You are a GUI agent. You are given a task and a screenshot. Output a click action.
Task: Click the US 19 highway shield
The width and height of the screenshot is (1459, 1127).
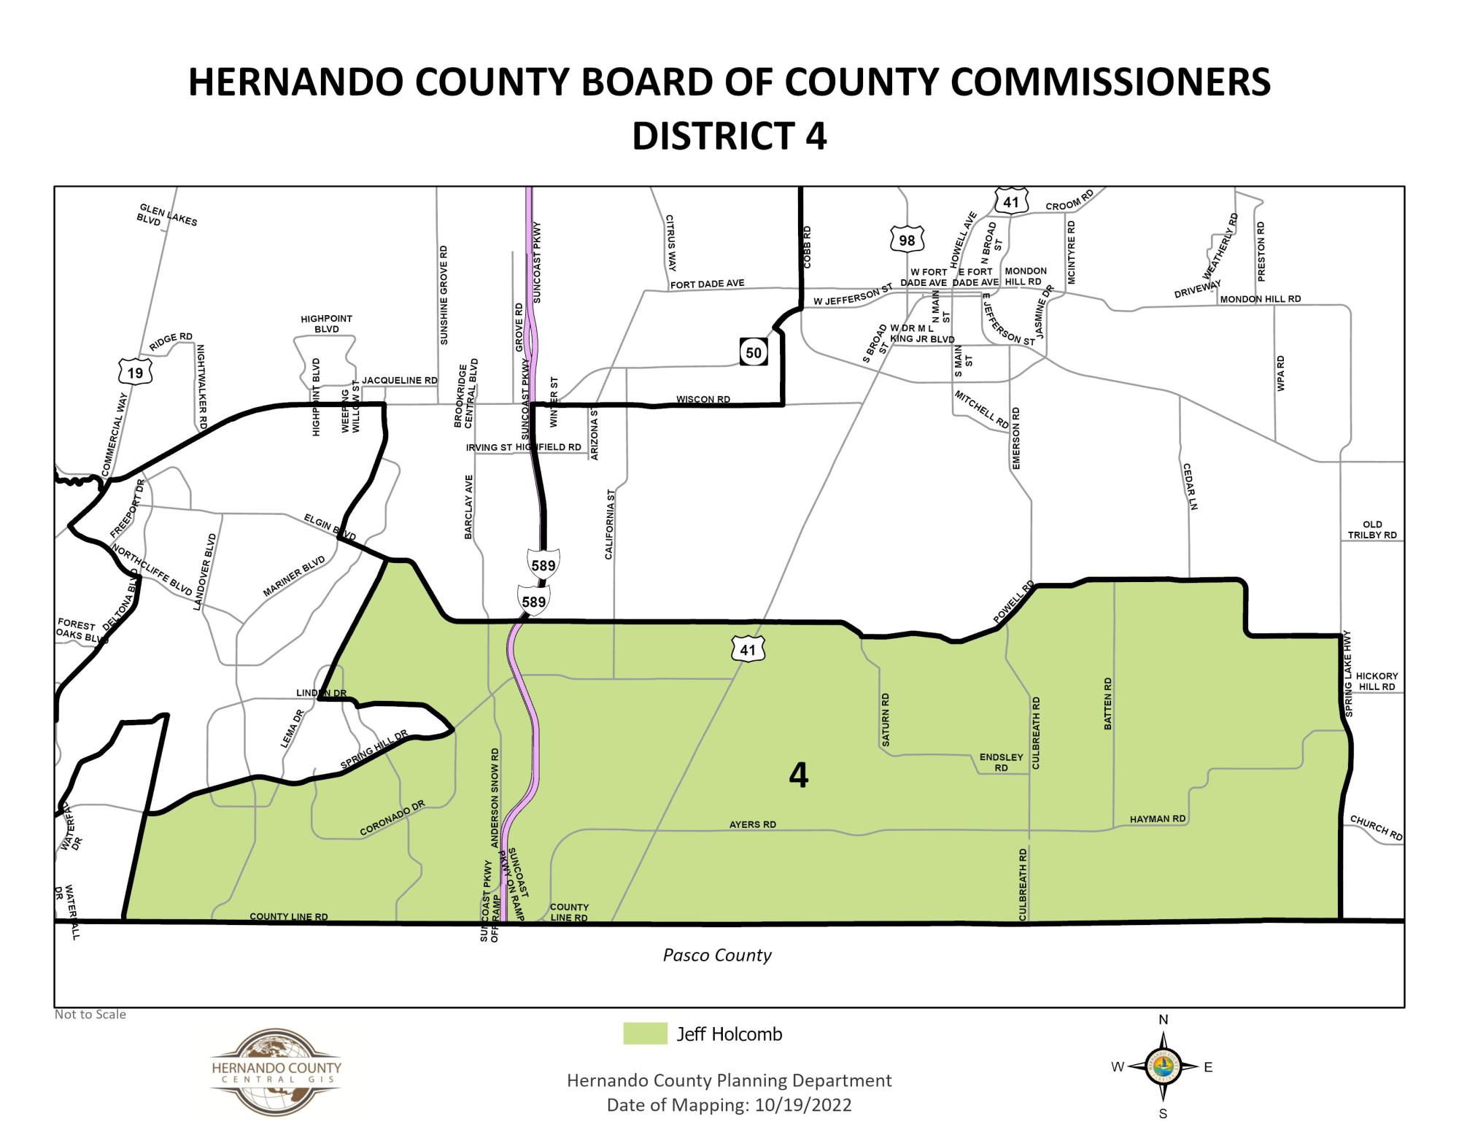pyautogui.click(x=135, y=373)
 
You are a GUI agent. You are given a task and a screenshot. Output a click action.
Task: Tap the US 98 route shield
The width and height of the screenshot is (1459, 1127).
pyautogui.click(x=907, y=240)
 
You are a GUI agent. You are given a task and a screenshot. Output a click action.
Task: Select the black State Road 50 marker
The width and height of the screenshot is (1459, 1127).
pyautogui.click(x=753, y=353)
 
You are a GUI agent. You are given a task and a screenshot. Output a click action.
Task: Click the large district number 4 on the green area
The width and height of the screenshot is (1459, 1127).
pyautogui.click(x=799, y=776)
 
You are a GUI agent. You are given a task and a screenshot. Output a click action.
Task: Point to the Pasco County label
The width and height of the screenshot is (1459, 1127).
pyautogui.click(x=717, y=955)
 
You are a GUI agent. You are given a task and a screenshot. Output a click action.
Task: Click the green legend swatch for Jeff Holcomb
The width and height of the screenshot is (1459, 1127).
pyautogui.click(x=645, y=1034)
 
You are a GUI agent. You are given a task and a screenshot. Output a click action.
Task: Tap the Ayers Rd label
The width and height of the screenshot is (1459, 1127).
pyautogui.click(x=753, y=824)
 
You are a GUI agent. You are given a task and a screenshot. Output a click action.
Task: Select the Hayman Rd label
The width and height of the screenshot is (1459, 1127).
pyautogui.click(x=1158, y=819)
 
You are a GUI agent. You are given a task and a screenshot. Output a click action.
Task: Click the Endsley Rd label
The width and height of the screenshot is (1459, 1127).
pyautogui.click(x=1001, y=763)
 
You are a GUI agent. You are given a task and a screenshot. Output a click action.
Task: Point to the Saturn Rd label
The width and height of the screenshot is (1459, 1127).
pyautogui.click(x=886, y=719)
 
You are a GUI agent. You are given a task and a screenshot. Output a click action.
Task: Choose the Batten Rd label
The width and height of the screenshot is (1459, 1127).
pyautogui.click(x=1108, y=703)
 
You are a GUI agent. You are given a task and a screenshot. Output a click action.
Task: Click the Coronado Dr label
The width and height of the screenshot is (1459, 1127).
pyautogui.click(x=392, y=818)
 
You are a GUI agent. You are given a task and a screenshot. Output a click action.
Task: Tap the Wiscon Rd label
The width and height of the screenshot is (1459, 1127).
pyautogui.click(x=703, y=399)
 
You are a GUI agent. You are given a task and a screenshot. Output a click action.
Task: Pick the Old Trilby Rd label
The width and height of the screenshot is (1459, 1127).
pyautogui.click(x=1371, y=530)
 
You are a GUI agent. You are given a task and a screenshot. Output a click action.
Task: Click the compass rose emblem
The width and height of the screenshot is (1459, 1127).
pyautogui.click(x=1163, y=1066)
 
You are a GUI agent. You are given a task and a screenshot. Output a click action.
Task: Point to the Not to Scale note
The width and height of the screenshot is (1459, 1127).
pyautogui.click(x=90, y=1014)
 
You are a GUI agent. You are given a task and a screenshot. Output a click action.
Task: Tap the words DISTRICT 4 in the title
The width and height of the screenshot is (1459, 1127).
pyautogui.click(x=729, y=136)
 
